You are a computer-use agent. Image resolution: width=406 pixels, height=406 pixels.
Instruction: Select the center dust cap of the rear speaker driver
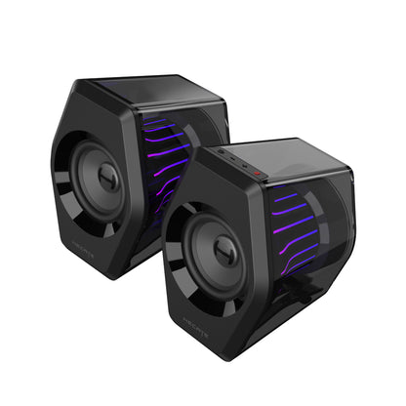pos(108,177)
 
